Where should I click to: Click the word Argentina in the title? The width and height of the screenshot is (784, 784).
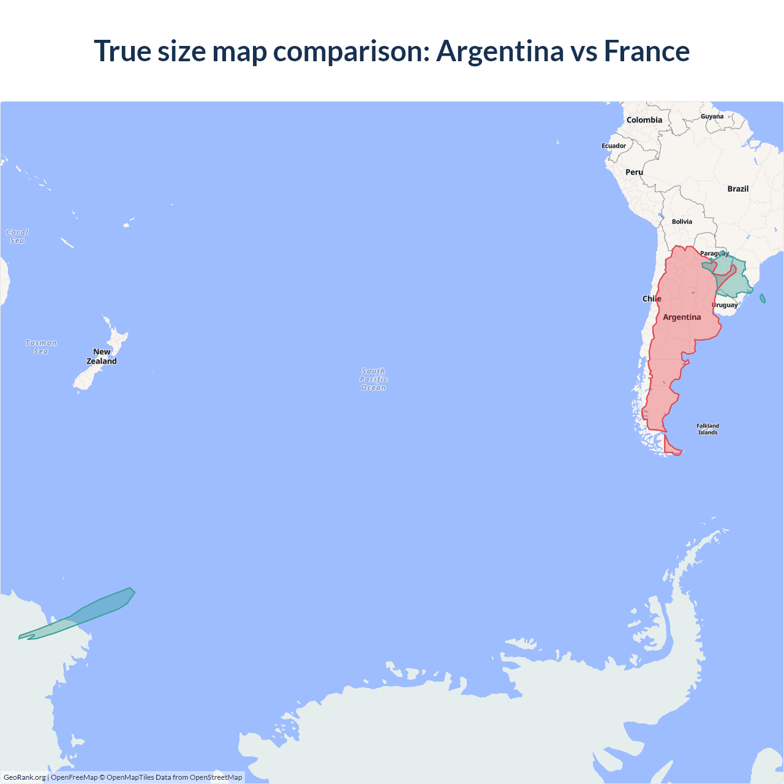click(499, 51)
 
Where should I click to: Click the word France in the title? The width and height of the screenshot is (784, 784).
click(647, 51)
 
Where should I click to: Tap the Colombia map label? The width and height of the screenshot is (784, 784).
click(644, 120)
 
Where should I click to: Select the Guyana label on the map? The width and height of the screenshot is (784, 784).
click(712, 116)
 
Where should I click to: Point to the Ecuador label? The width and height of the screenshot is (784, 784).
click(614, 146)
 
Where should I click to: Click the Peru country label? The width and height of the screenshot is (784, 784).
click(634, 172)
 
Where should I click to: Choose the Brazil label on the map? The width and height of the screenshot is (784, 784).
click(738, 189)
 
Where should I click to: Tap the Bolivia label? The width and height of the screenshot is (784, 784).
click(682, 222)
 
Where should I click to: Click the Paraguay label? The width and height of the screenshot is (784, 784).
click(714, 254)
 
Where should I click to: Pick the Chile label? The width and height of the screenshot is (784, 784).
click(652, 299)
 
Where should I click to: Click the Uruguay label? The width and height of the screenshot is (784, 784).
click(725, 305)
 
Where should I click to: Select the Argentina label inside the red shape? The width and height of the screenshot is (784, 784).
click(682, 317)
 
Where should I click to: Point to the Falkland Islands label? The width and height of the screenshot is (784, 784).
click(707, 429)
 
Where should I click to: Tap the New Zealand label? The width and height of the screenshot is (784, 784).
click(102, 356)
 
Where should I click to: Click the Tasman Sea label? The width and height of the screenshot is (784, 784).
click(41, 347)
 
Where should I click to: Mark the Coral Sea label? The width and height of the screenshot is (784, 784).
click(17, 236)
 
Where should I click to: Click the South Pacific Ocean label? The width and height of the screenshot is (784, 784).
click(374, 379)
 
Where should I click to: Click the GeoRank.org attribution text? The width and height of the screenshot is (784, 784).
click(24, 777)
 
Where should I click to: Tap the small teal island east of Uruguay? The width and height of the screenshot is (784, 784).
click(763, 298)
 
